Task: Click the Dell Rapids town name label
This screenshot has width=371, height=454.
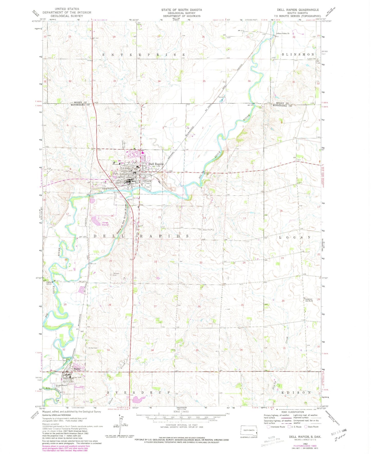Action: pos(156,164)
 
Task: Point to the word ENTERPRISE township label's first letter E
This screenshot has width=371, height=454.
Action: pos(104,55)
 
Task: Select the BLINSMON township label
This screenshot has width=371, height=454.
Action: pos(298,55)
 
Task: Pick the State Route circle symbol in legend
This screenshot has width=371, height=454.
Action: pos(306,427)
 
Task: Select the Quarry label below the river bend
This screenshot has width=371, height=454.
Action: pos(130,199)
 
